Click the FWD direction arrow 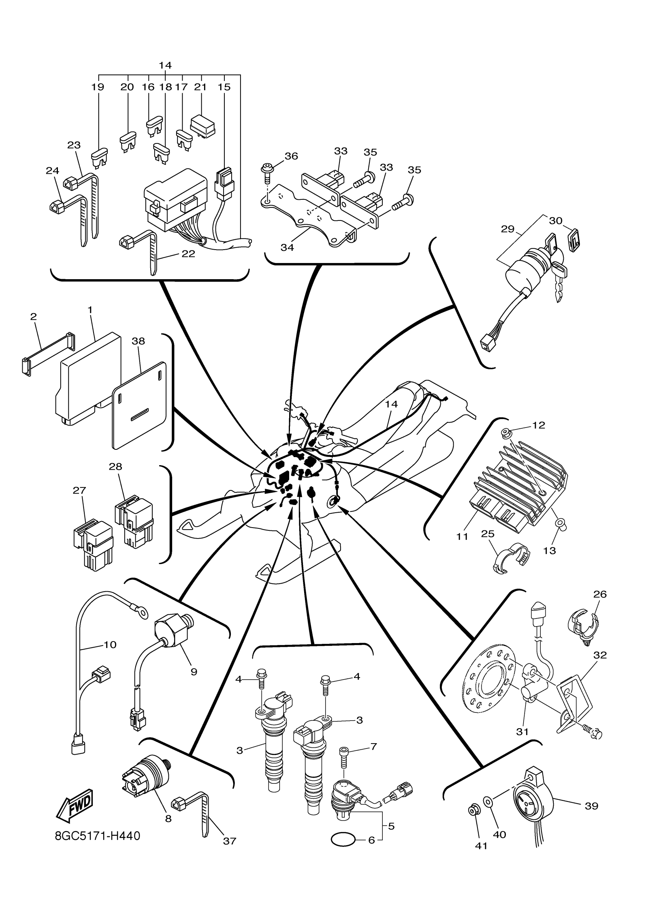pos(75,806)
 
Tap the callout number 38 pos(138,341)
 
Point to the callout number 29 pos(507,229)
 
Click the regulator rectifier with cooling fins pos(520,488)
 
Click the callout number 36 pos(291,156)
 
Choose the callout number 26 pos(600,605)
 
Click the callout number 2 pos(33,316)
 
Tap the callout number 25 pos(488,534)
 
